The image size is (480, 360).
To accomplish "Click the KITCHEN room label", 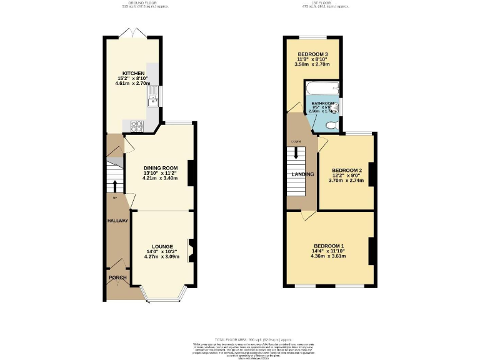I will (134, 73).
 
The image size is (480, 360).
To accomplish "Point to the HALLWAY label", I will (117, 221).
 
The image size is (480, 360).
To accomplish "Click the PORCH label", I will (117, 277).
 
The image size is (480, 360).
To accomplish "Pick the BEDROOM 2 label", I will (347, 171).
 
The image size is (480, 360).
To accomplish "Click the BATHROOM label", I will (323, 103).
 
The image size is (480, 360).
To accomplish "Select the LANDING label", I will (302, 174).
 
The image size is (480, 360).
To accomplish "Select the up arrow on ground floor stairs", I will (115, 186).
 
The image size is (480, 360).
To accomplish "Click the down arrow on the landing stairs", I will (295, 152).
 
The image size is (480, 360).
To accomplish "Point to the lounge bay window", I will (162, 296).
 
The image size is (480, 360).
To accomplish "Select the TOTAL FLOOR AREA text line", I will (239, 337).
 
